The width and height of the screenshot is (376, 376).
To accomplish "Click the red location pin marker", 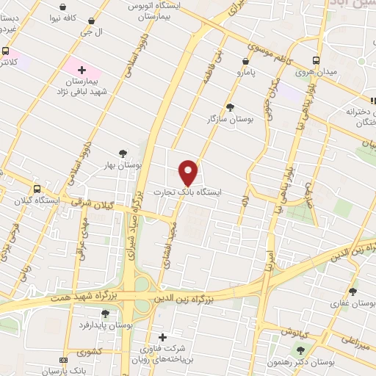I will [189, 173].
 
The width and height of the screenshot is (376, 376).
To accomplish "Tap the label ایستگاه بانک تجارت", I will [187, 192].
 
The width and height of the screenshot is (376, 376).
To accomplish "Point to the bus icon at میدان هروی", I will [316, 61].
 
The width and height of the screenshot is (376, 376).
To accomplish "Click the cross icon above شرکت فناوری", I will [162, 337].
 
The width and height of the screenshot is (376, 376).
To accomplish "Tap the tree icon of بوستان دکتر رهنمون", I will [300, 348].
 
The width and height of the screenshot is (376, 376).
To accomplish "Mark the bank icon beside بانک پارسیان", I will [63, 360].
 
